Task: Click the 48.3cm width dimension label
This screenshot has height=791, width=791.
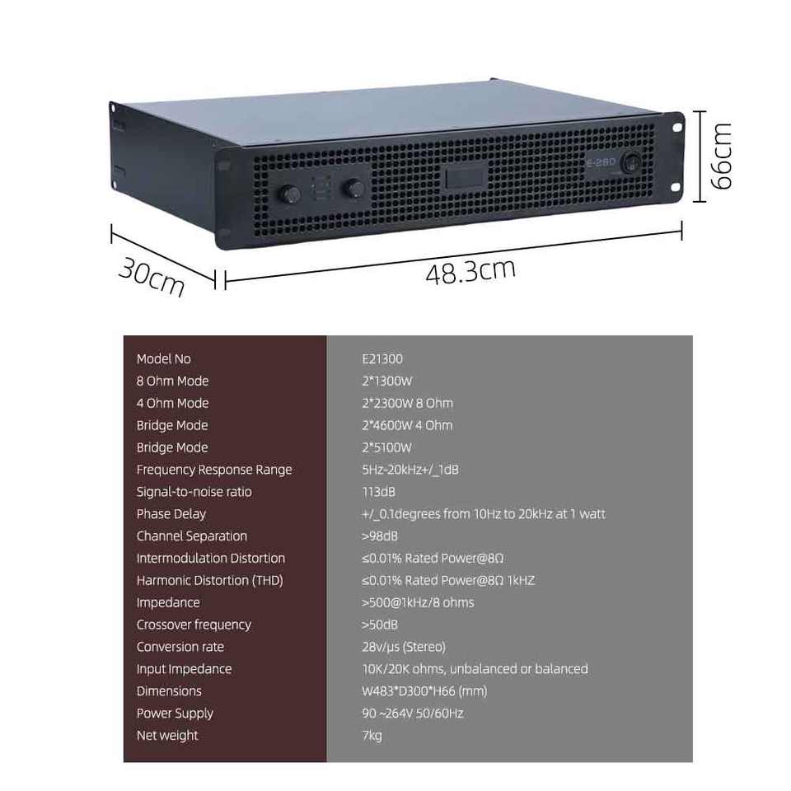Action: coord(470,271)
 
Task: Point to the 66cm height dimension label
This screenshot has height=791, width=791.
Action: coord(721,156)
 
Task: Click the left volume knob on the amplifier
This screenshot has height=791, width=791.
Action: coord(293,193)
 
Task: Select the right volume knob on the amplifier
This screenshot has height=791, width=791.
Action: coord(355,188)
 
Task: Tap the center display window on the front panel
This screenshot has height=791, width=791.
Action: coord(464,178)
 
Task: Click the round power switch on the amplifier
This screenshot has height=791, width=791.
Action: coord(633,161)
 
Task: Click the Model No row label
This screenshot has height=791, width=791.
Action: coord(163,359)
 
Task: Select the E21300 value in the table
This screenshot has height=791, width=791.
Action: coord(381,359)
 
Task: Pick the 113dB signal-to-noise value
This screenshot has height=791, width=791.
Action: coord(378,492)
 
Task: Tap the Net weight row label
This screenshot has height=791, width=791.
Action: coord(167,736)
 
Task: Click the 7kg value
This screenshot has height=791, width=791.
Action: coord(372,736)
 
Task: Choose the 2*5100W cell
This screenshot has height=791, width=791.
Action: coord(386,447)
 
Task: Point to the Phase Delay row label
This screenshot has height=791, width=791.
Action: coord(171,514)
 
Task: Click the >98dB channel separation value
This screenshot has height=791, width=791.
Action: coord(380,536)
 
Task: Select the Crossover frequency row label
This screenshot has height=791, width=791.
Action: coord(194,625)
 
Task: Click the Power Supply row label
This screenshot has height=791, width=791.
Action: coord(175,714)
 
